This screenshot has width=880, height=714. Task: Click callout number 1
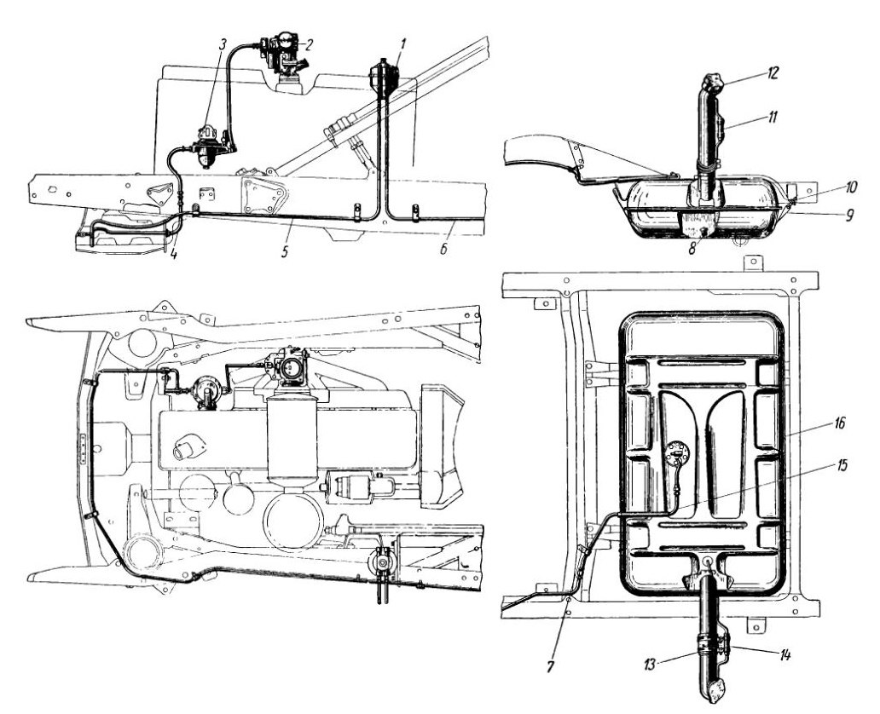point(403,43)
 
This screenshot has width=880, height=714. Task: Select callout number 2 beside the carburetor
point(309,43)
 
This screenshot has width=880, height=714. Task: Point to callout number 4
point(174,254)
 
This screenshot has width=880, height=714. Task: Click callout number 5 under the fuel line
point(285,251)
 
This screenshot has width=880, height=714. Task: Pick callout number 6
point(443,249)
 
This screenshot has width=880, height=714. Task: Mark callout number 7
point(552,666)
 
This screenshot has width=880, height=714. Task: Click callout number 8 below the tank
point(692,249)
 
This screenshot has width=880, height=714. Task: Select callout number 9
point(849,214)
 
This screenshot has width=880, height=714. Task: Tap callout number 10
point(850,187)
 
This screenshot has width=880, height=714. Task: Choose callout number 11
point(773,118)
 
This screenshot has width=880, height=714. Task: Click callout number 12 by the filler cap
point(773,73)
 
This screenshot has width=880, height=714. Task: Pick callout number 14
point(784,654)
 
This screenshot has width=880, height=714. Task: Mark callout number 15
point(840,465)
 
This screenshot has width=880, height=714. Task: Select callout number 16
point(838,423)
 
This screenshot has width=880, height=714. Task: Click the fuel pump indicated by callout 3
point(209,146)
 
